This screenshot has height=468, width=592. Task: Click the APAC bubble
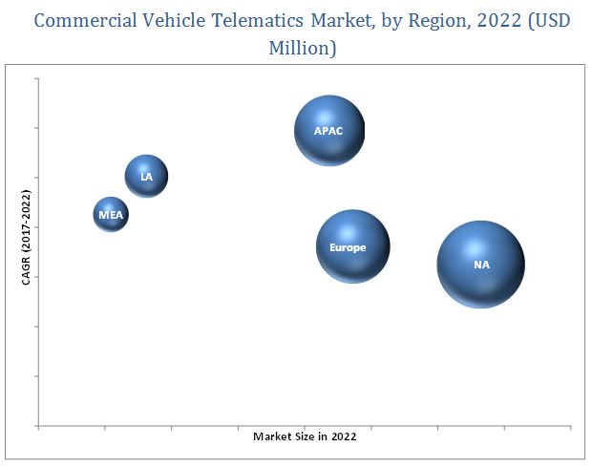329,131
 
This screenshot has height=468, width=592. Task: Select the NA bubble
481,265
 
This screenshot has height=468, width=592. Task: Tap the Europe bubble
352,246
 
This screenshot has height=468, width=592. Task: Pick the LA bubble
146,176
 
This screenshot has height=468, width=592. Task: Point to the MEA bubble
110,215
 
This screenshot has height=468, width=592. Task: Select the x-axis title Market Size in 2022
305,436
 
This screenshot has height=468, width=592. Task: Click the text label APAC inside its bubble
328,131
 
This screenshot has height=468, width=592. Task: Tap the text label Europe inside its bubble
348,247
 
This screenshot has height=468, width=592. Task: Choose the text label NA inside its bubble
481,265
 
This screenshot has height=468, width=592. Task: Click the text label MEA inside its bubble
110,216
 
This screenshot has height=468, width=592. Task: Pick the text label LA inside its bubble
146,177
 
